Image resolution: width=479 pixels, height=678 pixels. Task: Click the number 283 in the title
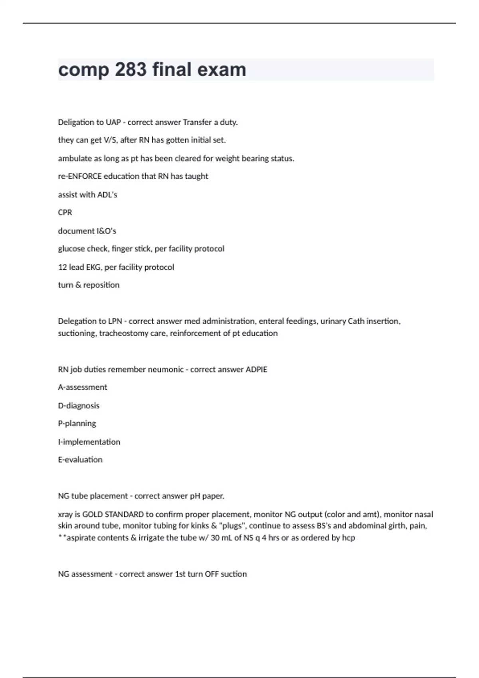click(x=131, y=69)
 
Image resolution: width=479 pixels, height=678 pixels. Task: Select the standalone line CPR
click(x=65, y=213)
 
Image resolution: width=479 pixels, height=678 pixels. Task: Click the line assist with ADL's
click(x=87, y=195)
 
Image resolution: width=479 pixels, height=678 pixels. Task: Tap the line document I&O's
click(x=87, y=231)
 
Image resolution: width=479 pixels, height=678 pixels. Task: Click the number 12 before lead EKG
click(x=62, y=267)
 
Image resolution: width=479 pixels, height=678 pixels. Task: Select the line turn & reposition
click(x=89, y=285)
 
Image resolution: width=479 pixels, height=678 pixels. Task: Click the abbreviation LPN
click(x=115, y=321)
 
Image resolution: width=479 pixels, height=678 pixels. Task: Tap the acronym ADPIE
click(x=256, y=370)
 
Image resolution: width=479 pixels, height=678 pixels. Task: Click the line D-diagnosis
click(x=79, y=406)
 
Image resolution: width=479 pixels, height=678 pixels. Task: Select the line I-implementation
click(x=89, y=442)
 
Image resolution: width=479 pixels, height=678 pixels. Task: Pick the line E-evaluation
click(x=80, y=460)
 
